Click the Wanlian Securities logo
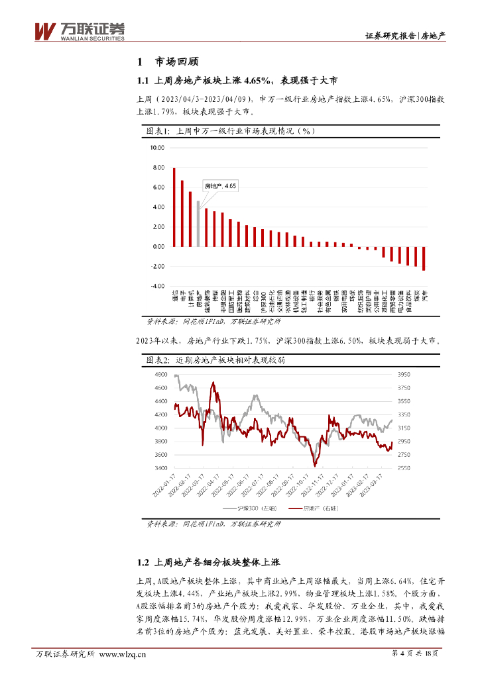pyautogui.click(x=79, y=31)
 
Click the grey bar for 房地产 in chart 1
pyautogui.click(x=198, y=224)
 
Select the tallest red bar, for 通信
pyautogui.click(x=174, y=207)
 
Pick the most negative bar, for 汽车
pyautogui.click(x=424, y=258)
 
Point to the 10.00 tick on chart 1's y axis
pyautogui.click(x=157, y=148)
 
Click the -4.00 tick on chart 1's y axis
pyautogui.click(x=156, y=286)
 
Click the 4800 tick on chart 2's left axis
pyautogui.click(x=160, y=375)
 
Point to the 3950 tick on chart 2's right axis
pyautogui.click(x=404, y=375)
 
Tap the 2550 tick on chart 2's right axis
pyautogui.click(x=404, y=468)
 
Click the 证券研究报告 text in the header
pyautogui.click(x=390, y=36)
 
